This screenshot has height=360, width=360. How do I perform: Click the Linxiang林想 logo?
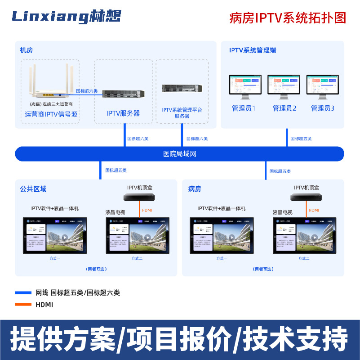(x=66, y=17)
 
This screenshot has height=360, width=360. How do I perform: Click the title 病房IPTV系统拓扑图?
(x=288, y=18)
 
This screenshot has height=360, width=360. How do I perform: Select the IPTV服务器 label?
(x=123, y=113)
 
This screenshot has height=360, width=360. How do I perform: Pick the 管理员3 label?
(x=323, y=108)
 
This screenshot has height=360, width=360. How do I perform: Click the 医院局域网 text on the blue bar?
(x=180, y=154)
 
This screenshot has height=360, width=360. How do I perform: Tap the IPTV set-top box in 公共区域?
(x=141, y=197)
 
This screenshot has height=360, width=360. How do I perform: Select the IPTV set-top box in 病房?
(x=307, y=197)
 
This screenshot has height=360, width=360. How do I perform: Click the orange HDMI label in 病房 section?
(x=314, y=210)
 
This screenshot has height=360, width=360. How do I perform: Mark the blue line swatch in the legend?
(x=23, y=293)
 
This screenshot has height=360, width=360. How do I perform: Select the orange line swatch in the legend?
(x=23, y=305)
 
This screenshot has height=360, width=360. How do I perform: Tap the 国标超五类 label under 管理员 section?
(x=301, y=139)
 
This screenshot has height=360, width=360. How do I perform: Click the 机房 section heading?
(x=27, y=50)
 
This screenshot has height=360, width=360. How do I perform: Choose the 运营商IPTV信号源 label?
(x=51, y=114)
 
